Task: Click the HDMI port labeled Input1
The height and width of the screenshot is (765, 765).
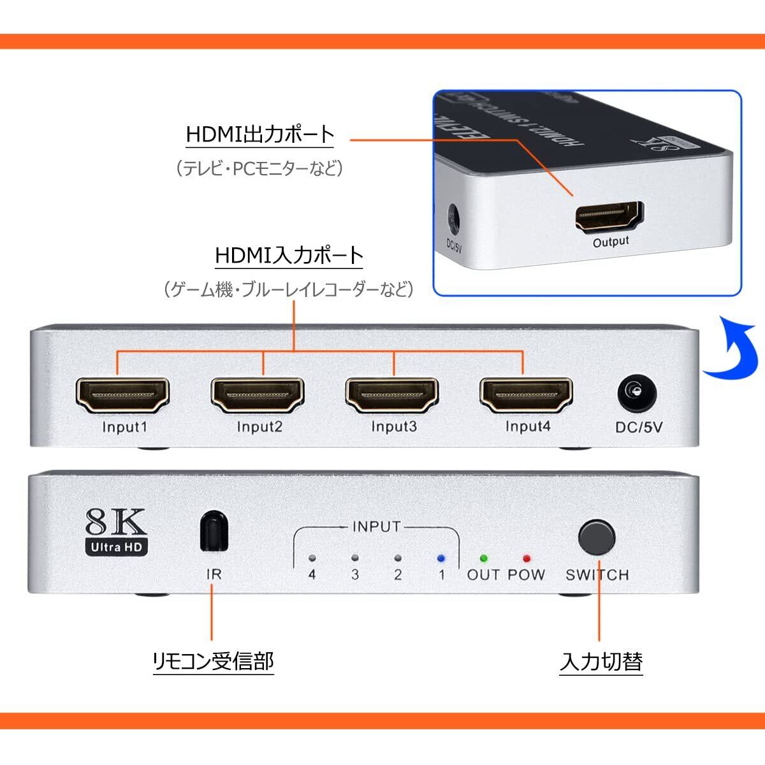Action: [122, 395]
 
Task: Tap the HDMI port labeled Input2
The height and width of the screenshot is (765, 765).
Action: [258, 395]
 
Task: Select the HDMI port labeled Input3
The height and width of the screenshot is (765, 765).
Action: [393, 395]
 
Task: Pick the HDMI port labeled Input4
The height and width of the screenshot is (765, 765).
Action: [527, 395]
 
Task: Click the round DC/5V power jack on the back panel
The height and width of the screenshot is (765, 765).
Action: [634, 393]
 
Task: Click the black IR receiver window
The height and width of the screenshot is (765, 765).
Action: [214, 530]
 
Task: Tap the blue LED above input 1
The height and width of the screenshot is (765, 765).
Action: [441, 558]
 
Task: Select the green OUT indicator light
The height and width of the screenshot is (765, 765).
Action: [484, 558]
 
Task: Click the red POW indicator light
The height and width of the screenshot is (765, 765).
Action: [526, 558]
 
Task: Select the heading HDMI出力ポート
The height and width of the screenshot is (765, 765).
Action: [259, 135]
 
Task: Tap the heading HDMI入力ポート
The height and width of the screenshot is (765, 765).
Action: [289, 256]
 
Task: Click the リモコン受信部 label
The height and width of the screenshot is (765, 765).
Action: [213, 661]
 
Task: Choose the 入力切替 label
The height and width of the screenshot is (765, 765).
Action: [601, 662]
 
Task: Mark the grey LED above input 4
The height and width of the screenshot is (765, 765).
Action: [312, 558]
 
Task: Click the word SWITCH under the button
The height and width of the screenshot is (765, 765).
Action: [597, 575]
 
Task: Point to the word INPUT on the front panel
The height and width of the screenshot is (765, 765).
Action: [376, 527]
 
